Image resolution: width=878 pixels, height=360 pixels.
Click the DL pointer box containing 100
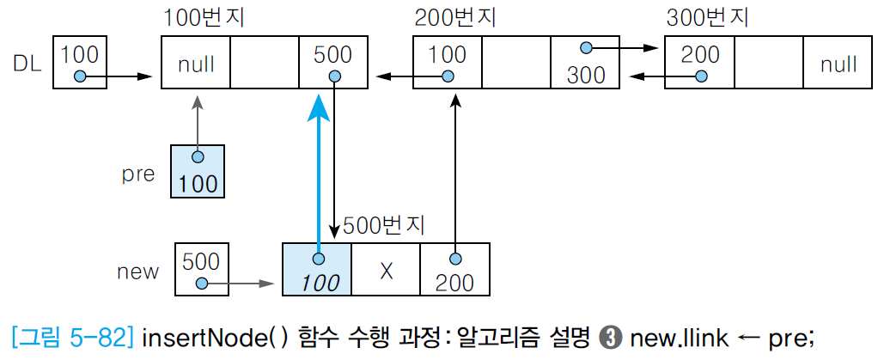(80, 62)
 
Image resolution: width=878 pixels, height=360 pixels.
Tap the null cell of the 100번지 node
(196, 62)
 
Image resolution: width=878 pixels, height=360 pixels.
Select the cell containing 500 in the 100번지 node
(333, 62)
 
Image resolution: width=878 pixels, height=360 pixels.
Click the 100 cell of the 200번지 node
(447, 62)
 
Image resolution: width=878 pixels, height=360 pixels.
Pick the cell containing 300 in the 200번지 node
(586, 62)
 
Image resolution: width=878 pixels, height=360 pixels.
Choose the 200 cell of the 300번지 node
(700, 62)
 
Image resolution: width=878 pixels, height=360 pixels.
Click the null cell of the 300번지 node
(838, 62)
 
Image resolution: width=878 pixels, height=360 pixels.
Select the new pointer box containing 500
(201, 270)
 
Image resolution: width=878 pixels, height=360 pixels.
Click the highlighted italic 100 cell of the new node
(317, 270)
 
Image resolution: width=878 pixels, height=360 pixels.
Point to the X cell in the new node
(386, 270)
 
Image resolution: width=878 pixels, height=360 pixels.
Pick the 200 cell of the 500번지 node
(454, 270)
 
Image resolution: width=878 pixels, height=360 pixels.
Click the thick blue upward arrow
(319, 172)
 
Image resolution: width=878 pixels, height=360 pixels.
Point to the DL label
(28, 63)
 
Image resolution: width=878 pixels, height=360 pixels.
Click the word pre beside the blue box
(137, 174)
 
